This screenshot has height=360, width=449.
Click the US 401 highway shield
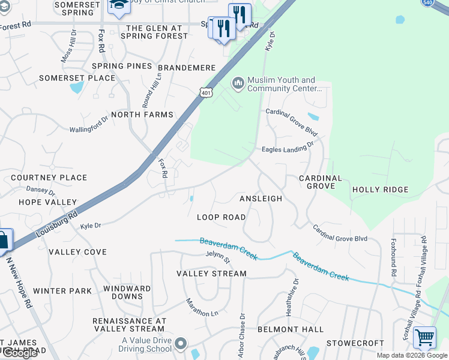pyautogui.click(x=205, y=92)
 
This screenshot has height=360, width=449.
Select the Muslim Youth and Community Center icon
pyautogui.click(x=238, y=82)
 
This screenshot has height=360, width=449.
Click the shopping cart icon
pyautogui.click(x=424, y=337)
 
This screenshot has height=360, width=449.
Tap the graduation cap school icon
pyautogui.click(x=118, y=5)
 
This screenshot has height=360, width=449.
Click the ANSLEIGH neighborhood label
pyautogui.click(x=261, y=198)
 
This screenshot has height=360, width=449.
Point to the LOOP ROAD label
pyautogui.click(x=221, y=217)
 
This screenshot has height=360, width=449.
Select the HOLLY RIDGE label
pyautogui.click(x=380, y=190)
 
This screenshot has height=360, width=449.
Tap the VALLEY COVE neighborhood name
pyautogui.click(x=77, y=252)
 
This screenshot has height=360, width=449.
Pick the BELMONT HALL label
pyautogui.click(x=291, y=329)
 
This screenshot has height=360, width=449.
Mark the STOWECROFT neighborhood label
pyautogui.click(x=355, y=343)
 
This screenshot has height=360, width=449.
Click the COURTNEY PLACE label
pyautogui.click(x=49, y=178)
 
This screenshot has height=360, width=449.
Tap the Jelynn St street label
pyautogui.click(x=218, y=258)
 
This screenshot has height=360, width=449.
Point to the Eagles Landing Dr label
pyautogui.click(x=288, y=148)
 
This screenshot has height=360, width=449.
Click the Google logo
pyautogui.click(x=20, y=353)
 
